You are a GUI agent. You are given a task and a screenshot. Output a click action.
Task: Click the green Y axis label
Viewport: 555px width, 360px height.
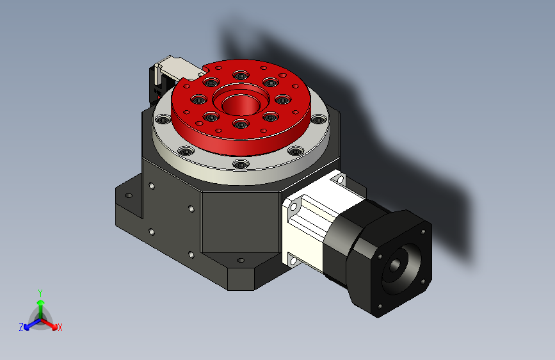click(40, 293)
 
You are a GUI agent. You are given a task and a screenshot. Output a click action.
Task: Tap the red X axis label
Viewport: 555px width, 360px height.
click(60, 328)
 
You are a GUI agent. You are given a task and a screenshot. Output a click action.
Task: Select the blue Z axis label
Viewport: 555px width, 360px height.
click(21, 327)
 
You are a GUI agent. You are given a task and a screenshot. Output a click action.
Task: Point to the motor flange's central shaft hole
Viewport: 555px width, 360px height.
click(395, 265)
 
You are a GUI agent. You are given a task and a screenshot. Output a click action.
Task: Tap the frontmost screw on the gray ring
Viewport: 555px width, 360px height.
click(241, 165)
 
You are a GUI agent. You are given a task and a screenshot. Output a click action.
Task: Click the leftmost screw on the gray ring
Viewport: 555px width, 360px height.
click(163, 119)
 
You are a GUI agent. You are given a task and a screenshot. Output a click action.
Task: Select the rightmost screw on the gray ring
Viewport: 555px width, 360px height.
click(318, 120)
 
